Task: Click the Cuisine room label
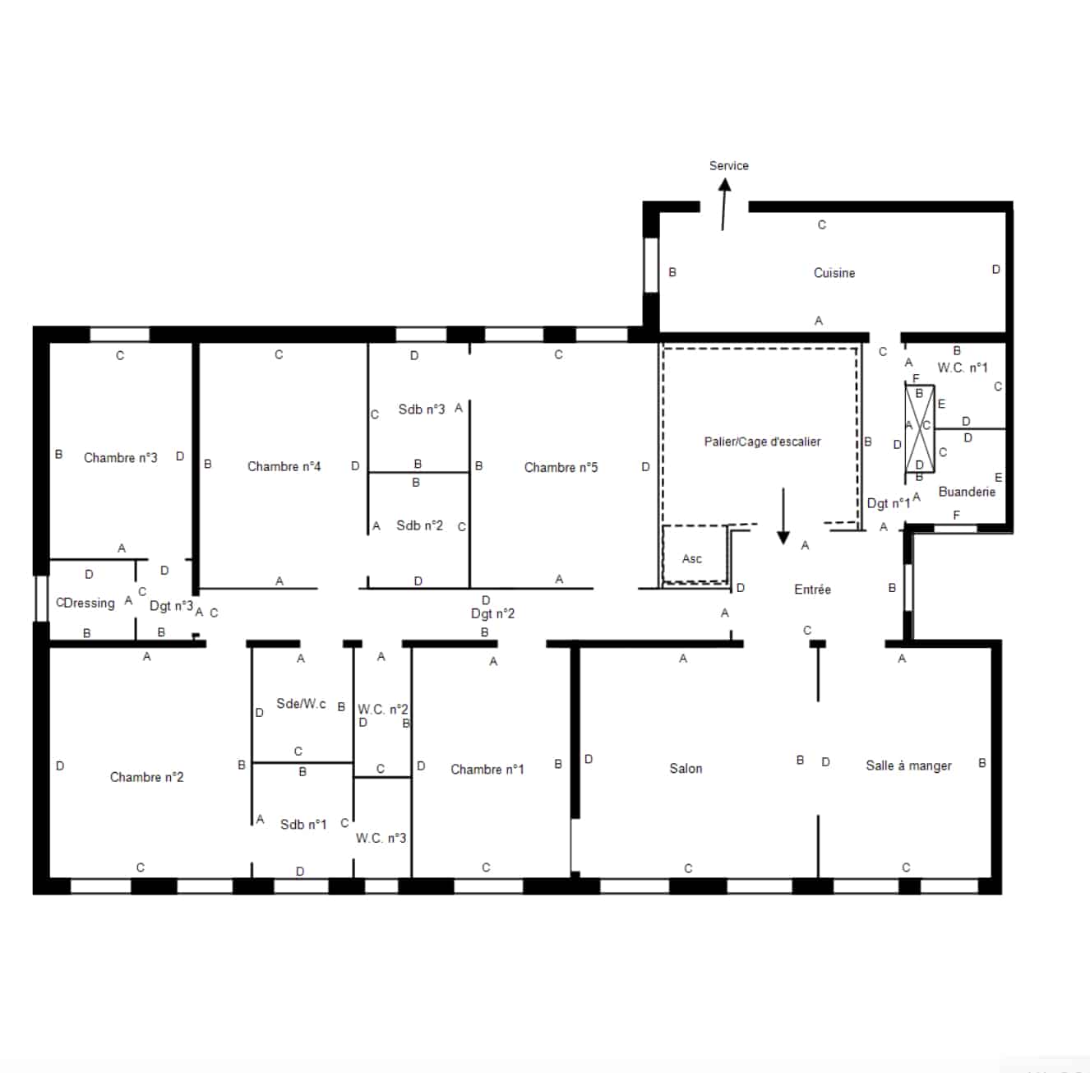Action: (x=834, y=273)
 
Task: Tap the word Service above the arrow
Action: (x=728, y=166)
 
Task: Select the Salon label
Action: (x=686, y=769)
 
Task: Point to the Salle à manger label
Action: (x=908, y=766)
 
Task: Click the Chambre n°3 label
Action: (x=121, y=458)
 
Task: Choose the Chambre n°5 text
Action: (x=561, y=468)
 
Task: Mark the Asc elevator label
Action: (x=692, y=559)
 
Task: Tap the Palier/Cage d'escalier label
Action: (x=762, y=442)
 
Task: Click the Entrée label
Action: (x=812, y=590)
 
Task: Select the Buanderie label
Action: (x=967, y=492)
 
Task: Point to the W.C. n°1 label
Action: (x=962, y=368)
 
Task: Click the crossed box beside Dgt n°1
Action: (x=920, y=428)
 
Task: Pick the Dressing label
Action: (x=90, y=604)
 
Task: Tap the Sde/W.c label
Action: (x=301, y=704)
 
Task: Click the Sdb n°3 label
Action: (x=422, y=409)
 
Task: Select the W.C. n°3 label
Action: (x=381, y=838)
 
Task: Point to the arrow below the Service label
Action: (x=724, y=204)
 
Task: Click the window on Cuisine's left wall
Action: (x=651, y=265)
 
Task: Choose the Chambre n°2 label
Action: (x=146, y=777)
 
